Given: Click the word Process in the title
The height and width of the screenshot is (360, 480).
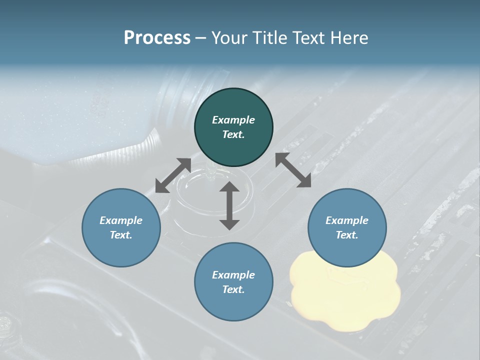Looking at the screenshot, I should click(x=157, y=38).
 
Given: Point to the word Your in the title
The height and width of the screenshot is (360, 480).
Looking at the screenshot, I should click(x=227, y=38).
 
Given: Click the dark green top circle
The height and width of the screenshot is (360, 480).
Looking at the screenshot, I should click(x=233, y=127).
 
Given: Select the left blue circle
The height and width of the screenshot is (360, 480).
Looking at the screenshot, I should click(x=121, y=227).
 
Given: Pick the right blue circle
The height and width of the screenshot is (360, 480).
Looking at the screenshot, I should click(x=347, y=227).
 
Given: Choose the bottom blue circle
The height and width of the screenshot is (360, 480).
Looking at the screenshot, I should click(x=233, y=282).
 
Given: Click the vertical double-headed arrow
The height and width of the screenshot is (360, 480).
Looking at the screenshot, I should click(x=229, y=205).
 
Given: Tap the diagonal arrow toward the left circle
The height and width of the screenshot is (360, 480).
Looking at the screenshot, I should click(x=173, y=175).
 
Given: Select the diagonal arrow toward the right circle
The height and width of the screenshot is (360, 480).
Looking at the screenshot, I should click(x=293, y=170).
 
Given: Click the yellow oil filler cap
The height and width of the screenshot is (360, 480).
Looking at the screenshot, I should click(x=345, y=290).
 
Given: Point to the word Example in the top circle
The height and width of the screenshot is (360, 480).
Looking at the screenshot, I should click(x=233, y=120).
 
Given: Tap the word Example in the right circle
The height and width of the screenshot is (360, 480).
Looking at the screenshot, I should click(x=347, y=220).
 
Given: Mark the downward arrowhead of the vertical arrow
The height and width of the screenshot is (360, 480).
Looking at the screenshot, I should click(x=229, y=223).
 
